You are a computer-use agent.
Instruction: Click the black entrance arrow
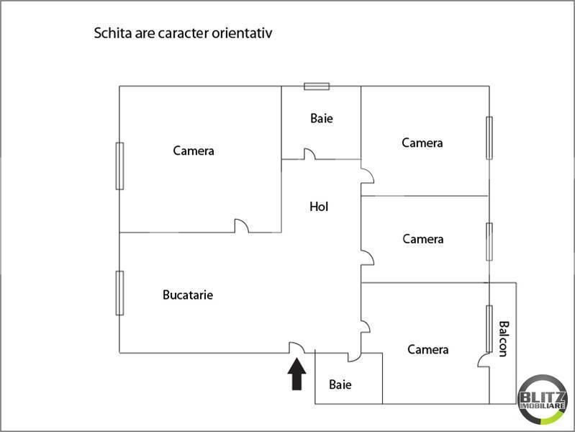point(296,374)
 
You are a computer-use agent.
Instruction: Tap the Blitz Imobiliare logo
point(543,400)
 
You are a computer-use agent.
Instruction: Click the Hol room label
point(319,207)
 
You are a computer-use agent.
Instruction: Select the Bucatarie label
point(188,294)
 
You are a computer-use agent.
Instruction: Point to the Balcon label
point(504,339)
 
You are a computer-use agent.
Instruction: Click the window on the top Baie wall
point(317,86)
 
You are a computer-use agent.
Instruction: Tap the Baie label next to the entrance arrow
point(340,384)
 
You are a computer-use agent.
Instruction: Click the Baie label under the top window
point(322,118)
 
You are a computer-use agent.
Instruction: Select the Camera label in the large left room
point(194,151)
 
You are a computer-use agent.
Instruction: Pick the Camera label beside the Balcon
point(428,349)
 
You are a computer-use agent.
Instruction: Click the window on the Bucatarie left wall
point(119,293)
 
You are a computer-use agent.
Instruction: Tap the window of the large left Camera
point(119,166)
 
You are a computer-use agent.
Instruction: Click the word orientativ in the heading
point(242,33)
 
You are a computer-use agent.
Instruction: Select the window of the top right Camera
point(489,138)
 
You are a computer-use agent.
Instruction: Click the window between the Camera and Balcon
point(489,329)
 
